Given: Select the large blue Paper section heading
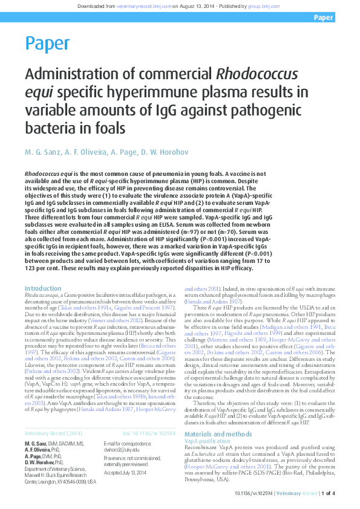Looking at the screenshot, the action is [x=47, y=44].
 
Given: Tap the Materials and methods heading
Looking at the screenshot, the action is [x=218, y=418].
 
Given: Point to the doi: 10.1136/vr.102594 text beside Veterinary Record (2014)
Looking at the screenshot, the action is [x=149, y=433].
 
